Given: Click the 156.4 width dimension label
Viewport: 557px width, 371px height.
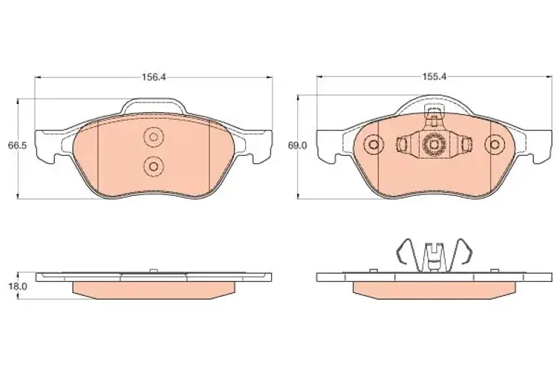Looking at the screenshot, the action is click(x=154, y=77).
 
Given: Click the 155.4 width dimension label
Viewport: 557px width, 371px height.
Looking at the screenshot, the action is click(x=434, y=77).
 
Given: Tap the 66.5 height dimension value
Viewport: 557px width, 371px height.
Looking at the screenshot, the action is click(x=17, y=145).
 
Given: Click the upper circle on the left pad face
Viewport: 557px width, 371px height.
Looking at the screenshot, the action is click(x=154, y=137).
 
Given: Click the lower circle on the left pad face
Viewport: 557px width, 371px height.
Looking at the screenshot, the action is click(x=154, y=165).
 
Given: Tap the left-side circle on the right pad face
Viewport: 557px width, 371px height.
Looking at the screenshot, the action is click(x=374, y=145).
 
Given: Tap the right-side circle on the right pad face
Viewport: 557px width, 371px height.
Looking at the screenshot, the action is click(x=495, y=145).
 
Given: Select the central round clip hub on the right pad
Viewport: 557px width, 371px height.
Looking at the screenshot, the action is click(x=434, y=145).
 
